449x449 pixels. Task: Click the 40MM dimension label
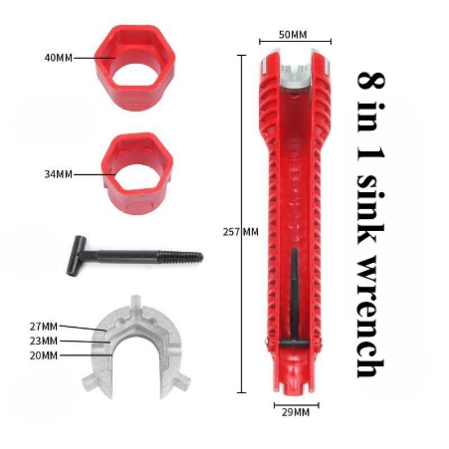pyautogui.click(x=58, y=58)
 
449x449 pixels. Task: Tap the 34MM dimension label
pyautogui.click(x=58, y=174)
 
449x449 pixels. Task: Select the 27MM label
pyautogui.click(x=44, y=327)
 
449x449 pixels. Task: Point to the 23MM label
pyautogui.click(x=44, y=341)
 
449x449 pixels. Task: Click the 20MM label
pyautogui.click(x=44, y=356)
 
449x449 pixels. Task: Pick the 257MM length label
pyautogui.click(x=241, y=232)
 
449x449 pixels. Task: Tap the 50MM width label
pyautogui.click(x=292, y=35)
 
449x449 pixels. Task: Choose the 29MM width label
pyautogui.click(x=296, y=413)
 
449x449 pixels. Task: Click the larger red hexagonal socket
pyautogui.click(x=135, y=67)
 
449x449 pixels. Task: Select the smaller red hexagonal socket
pyautogui.click(x=138, y=173)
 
